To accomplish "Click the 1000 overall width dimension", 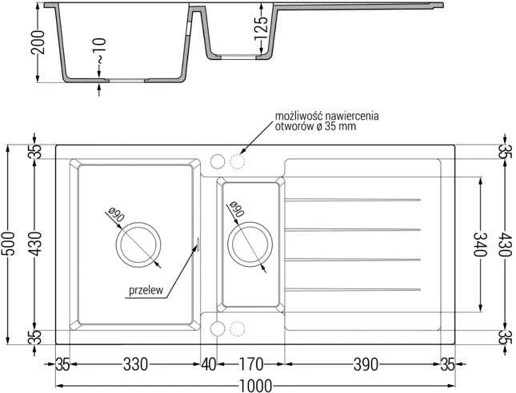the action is click(x=255, y=386).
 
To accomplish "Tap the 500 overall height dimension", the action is click(x=8, y=244).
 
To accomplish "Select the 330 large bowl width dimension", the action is click(x=135, y=364).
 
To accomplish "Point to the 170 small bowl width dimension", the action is click(x=251, y=364).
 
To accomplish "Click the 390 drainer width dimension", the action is click(x=366, y=364).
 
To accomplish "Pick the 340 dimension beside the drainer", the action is click(x=480, y=244).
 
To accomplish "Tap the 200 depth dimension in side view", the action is click(x=38, y=42).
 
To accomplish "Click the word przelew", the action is click(x=146, y=291).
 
